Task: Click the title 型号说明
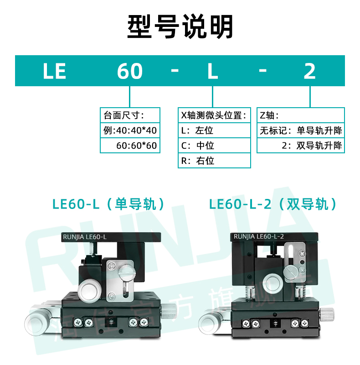point(180,26)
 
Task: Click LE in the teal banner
point(55,71)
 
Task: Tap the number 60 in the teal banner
point(130,71)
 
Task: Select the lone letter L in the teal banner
point(212,71)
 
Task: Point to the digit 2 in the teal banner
point(310,71)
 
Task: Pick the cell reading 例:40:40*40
point(130,130)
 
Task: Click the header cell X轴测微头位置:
point(214,115)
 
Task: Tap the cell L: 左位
point(214,130)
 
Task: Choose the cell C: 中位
point(214,146)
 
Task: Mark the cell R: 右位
point(214,161)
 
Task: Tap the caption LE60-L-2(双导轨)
point(273,204)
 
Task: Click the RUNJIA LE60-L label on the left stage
point(83,236)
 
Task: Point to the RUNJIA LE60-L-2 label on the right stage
point(258,236)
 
